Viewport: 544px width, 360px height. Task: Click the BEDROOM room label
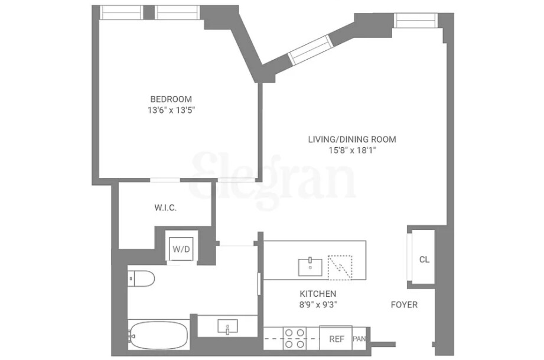pyautogui.click(x=171, y=99)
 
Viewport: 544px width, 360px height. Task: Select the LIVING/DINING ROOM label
pyautogui.click(x=352, y=140)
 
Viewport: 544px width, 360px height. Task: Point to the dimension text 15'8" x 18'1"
pyautogui.click(x=352, y=150)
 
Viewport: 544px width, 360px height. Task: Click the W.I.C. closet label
pyautogui.click(x=165, y=207)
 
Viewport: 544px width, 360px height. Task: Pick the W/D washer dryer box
pyautogui.click(x=181, y=249)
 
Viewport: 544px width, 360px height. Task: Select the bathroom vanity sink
pyautogui.click(x=227, y=326)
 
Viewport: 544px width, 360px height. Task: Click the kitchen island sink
pyautogui.click(x=310, y=267)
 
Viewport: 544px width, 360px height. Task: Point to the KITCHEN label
pyautogui.click(x=318, y=294)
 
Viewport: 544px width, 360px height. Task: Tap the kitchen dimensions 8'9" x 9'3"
pyautogui.click(x=318, y=305)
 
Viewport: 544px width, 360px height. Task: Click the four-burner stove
pyautogui.click(x=294, y=338)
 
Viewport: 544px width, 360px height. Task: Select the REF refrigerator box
pyautogui.click(x=336, y=339)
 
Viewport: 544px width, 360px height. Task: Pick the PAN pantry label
pyautogui.click(x=359, y=339)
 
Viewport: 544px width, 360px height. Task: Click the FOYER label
pyautogui.click(x=404, y=305)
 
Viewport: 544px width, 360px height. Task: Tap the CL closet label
pyautogui.click(x=424, y=259)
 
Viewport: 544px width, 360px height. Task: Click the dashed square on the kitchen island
pyautogui.click(x=340, y=267)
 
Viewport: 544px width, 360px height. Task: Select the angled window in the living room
pyautogui.click(x=311, y=50)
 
